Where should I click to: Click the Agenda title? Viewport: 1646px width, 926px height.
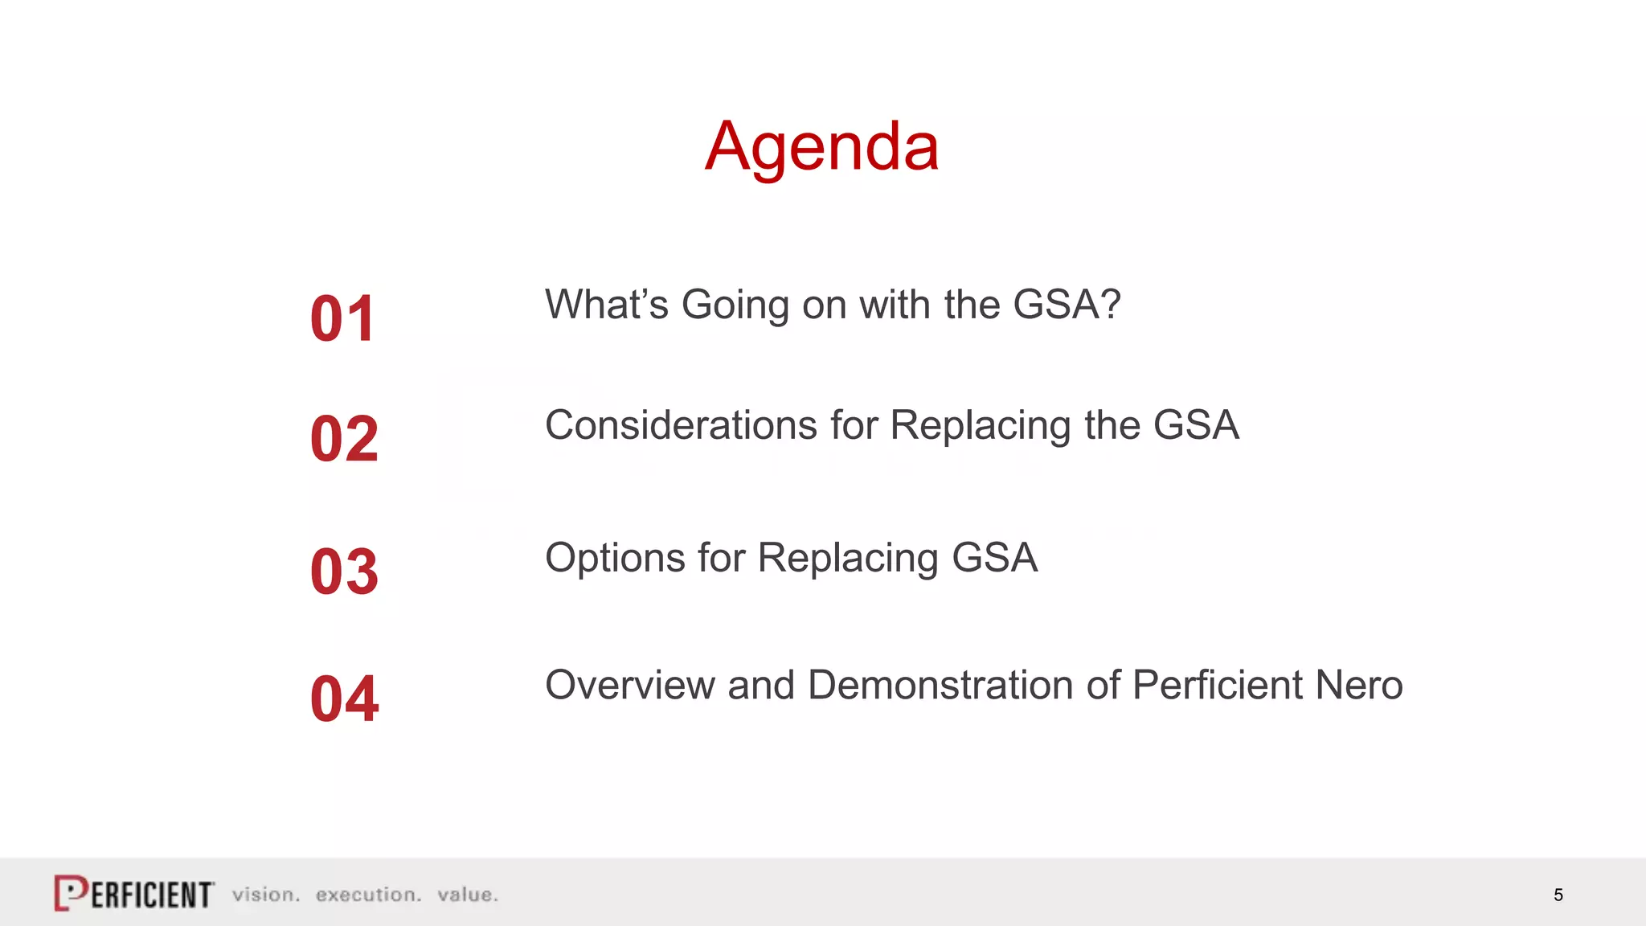821,146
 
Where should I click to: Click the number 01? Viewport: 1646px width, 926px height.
343,319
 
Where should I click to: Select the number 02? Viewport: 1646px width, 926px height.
344,439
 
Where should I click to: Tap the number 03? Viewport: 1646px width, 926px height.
344,572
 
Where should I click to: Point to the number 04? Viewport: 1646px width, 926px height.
344,699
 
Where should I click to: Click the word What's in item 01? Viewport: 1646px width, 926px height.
607,305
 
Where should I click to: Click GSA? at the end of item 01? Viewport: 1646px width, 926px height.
1067,305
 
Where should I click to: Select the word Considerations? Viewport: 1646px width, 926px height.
681,425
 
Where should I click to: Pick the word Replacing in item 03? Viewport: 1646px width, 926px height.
847,558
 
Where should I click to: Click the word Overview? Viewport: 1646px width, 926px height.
630,685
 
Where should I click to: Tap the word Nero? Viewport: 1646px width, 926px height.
1359,685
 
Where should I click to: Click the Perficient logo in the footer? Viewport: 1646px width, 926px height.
134,893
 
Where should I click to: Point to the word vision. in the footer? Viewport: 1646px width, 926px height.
266,895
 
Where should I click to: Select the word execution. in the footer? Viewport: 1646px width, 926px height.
368,895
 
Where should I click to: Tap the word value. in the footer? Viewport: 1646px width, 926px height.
468,895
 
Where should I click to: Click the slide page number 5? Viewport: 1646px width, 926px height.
1558,895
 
